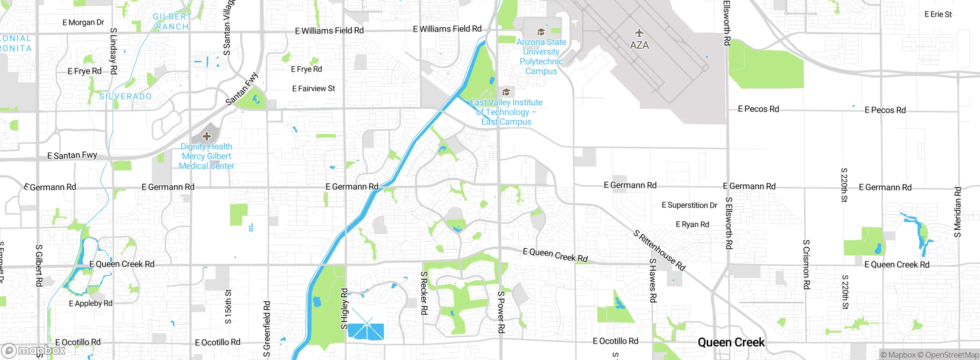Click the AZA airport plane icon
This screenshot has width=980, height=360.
click(x=639, y=33)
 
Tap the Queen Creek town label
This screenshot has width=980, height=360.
click(x=731, y=342)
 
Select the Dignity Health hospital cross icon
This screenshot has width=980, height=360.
click(x=207, y=136)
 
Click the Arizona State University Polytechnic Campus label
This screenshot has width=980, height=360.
click(x=541, y=56)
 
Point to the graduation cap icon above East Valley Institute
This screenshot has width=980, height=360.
click(x=506, y=92)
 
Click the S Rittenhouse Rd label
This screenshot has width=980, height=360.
click(x=659, y=250)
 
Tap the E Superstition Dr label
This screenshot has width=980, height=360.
click(x=689, y=205)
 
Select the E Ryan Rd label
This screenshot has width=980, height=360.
click(x=692, y=224)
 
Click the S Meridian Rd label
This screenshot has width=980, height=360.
click(x=957, y=212)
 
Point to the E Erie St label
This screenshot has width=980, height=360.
click(x=938, y=15)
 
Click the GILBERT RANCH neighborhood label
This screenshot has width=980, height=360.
click(x=172, y=22)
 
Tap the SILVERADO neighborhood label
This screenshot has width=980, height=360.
click(x=126, y=97)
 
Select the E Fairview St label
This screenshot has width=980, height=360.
click(x=313, y=89)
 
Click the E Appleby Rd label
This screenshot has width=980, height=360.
click(x=90, y=303)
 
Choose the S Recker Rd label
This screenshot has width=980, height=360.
click(x=424, y=293)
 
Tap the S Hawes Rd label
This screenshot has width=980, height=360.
click(x=653, y=280)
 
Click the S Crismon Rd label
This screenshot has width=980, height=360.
click(x=806, y=264)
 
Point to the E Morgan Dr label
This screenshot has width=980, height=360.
click(x=83, y=23)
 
